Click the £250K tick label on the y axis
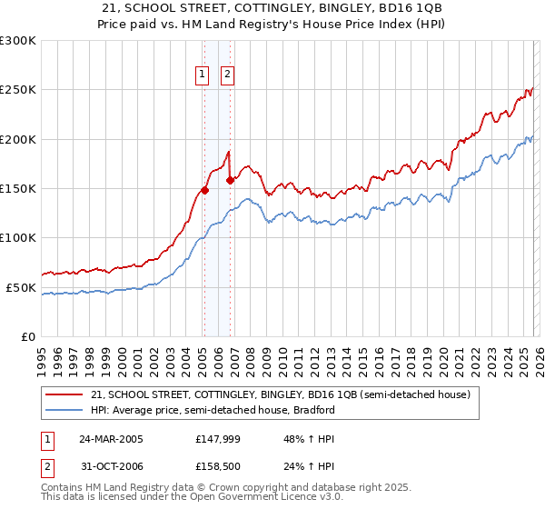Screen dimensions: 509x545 click(x=18, y=90)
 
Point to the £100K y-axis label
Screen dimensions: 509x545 click(x=18, y=238)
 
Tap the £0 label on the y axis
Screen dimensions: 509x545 click(x=27, y=336)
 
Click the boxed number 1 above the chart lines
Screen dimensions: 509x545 click(x=201, y=75)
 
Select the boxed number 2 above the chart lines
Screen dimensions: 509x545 click(x=226, y=75)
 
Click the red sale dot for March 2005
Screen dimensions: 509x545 click(x=204, y=190)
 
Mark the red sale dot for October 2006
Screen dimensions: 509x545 click(x=230, y=180)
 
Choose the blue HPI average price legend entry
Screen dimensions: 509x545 click(x=213, y=410)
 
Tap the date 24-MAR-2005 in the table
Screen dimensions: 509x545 click(x=111, y=438)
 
